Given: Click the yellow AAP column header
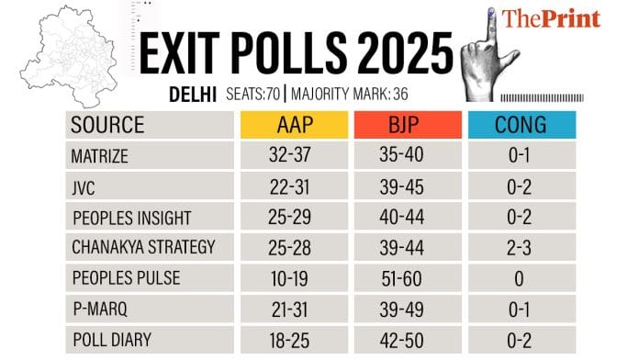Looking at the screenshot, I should pyautogui.click(x=294, y=125).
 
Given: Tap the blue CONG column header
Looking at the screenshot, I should pyautogui.click(x=521, y=125).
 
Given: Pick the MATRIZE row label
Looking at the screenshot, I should pyautogui.click(x=99, y=155).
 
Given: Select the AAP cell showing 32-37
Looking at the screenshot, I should pyautogui.click(x=294, y=155).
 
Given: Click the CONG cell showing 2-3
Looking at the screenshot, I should pyautogui.click(x=521, y=247).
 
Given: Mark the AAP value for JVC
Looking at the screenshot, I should pyautogui.click(x=294, y=186).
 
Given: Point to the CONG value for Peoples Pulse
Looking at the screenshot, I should pyautogui.click(x=521, y=277).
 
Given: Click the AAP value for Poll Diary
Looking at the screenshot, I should pyautogui.click(x=294, y=340).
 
